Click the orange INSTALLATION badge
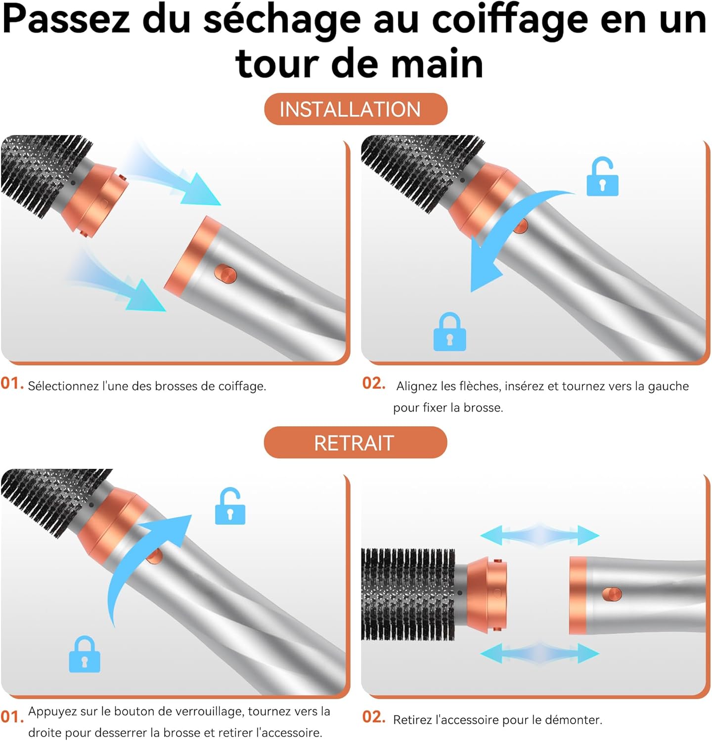(356, 109)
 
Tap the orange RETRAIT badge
(355, 443)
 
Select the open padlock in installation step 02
(602, 177)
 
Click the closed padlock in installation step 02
(449, 332)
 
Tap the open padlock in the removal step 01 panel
(230, 507)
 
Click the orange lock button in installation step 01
(225, 273)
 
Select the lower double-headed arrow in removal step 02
(539, 653)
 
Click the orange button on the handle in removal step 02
(612, 594)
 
